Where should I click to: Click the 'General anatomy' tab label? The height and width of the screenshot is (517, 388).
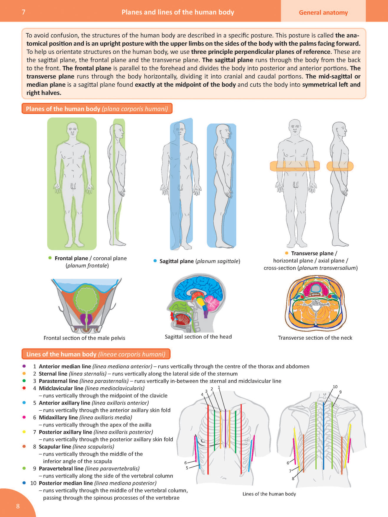coord(323,12)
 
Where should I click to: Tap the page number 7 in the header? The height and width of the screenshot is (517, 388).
coord(24,12)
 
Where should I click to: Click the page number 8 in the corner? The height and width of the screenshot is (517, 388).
coord(18,506)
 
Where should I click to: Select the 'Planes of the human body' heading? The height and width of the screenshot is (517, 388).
coord(97,109)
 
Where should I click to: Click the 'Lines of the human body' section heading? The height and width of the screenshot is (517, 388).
coord(96,354)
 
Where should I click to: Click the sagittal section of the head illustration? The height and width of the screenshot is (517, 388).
coord(197,303)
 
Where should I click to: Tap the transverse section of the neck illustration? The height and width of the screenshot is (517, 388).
coord(315,304)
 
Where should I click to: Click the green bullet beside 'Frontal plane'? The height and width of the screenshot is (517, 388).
coord(50,258)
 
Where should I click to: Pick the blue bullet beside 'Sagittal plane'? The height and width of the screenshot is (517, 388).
coord(155,261)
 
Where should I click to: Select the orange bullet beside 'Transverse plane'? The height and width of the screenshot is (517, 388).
coord(287,253)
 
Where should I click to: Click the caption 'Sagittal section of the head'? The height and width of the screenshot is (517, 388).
coord(198,337)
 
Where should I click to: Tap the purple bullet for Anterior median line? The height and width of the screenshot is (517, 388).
coord(24,366)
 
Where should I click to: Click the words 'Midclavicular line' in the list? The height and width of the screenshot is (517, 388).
coord(61,388)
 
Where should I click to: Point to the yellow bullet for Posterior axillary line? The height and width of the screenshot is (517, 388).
coord(24,432)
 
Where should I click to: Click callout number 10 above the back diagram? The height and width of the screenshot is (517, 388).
coord(335,387)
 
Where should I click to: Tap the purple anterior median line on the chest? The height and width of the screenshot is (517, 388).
coord(225,428)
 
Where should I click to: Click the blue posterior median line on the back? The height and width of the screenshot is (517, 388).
coord(323,436)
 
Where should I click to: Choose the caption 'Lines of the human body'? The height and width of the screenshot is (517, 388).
coord(269,494)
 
